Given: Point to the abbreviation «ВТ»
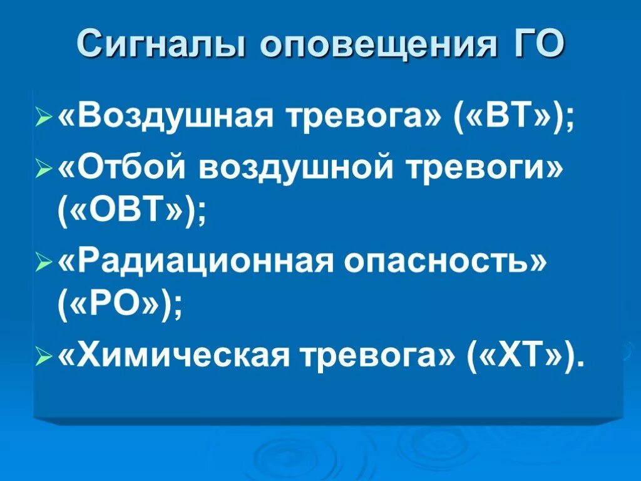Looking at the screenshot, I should click(505, 117).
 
